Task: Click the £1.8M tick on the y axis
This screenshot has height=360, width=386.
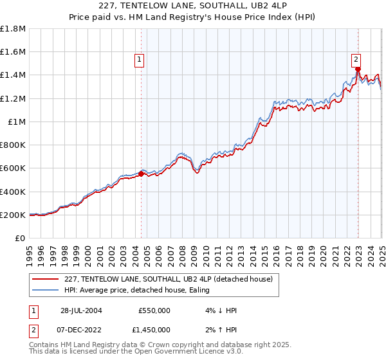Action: [13, 29]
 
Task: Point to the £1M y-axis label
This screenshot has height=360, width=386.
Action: [17, 122]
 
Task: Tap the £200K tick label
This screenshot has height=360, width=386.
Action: [13, 215]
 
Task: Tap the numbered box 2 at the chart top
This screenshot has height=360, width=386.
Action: [356, 60]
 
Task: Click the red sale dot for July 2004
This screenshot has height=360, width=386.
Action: [142, 173]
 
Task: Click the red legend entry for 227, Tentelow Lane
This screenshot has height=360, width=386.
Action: [169, 279]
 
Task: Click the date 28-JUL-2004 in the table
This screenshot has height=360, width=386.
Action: [78, 310]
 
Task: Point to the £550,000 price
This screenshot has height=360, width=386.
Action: [154, 310]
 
